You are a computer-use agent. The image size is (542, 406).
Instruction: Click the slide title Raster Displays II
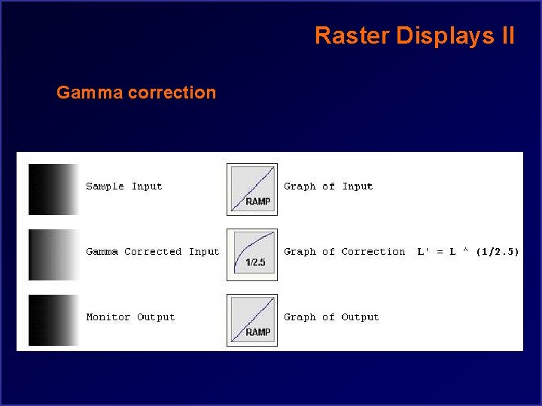pos(415,35)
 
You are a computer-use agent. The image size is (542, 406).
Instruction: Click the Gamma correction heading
pos(136,93)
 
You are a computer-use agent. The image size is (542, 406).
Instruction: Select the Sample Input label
pos(123,186)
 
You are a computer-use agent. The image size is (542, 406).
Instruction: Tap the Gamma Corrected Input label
pos(152,252)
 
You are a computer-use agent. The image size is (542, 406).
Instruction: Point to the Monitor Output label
pos(130,317)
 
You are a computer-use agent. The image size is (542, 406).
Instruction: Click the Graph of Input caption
pos(328,186)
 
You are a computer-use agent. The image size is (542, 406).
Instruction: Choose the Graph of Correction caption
pos(344,252)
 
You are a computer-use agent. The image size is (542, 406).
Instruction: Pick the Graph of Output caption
pos(331,317)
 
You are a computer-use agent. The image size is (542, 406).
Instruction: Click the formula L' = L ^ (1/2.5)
pos(467,252)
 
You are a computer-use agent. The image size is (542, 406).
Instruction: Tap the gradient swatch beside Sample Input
pos(53,189)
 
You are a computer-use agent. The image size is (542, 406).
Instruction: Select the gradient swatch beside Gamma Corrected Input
pos(53,254)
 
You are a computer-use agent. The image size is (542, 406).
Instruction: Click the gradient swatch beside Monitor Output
pos(53,320)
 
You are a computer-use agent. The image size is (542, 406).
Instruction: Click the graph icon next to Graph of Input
pos(252,189)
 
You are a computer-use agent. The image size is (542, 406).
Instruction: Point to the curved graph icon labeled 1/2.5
pos(252,254)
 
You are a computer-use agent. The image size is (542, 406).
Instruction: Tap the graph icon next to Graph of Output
pos(252,320)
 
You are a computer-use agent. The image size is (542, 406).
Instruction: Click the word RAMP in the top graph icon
pos(257,201)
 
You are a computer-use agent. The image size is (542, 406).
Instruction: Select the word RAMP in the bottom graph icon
pos(257,332)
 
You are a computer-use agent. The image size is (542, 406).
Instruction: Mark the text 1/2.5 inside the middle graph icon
pos(255,263)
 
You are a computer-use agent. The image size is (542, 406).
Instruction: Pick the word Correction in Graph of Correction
pos(373,252)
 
